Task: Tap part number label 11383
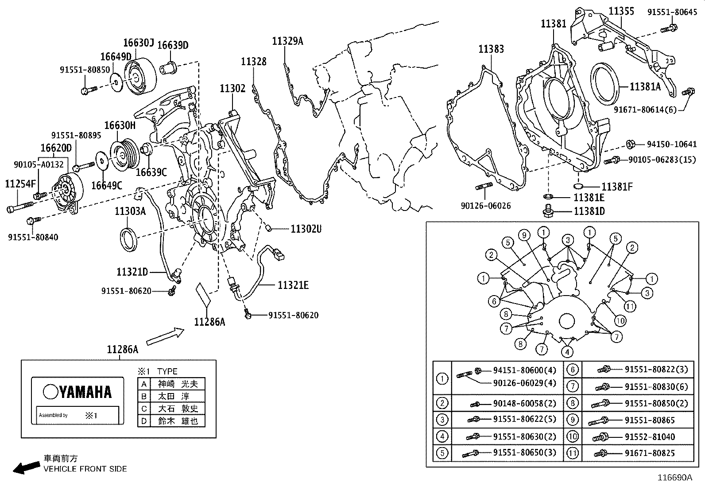pyautogui.click(x=491, y=49)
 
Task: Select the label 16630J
pyautogui.click(x=138, y=43)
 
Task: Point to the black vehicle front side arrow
pyautogui.click(x=25, y=468)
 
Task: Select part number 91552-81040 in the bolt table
pyautogui.click(x=650, y=437)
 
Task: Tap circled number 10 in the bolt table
pyautogui.click(x=573, y=436)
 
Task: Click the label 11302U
pyautogui.click(x=306, y=229)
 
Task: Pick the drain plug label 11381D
pyautogui.click(x=589, y=211)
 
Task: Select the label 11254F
pyautogui.click(x=20, y=183)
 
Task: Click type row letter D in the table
pyautogui.click(x=144, y=421)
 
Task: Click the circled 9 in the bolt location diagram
pyautogui.click(x=524, y=235)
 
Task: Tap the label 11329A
pyautogui.click(x=287, y=41)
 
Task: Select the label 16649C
pyautogui.click(x=106, y=185)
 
